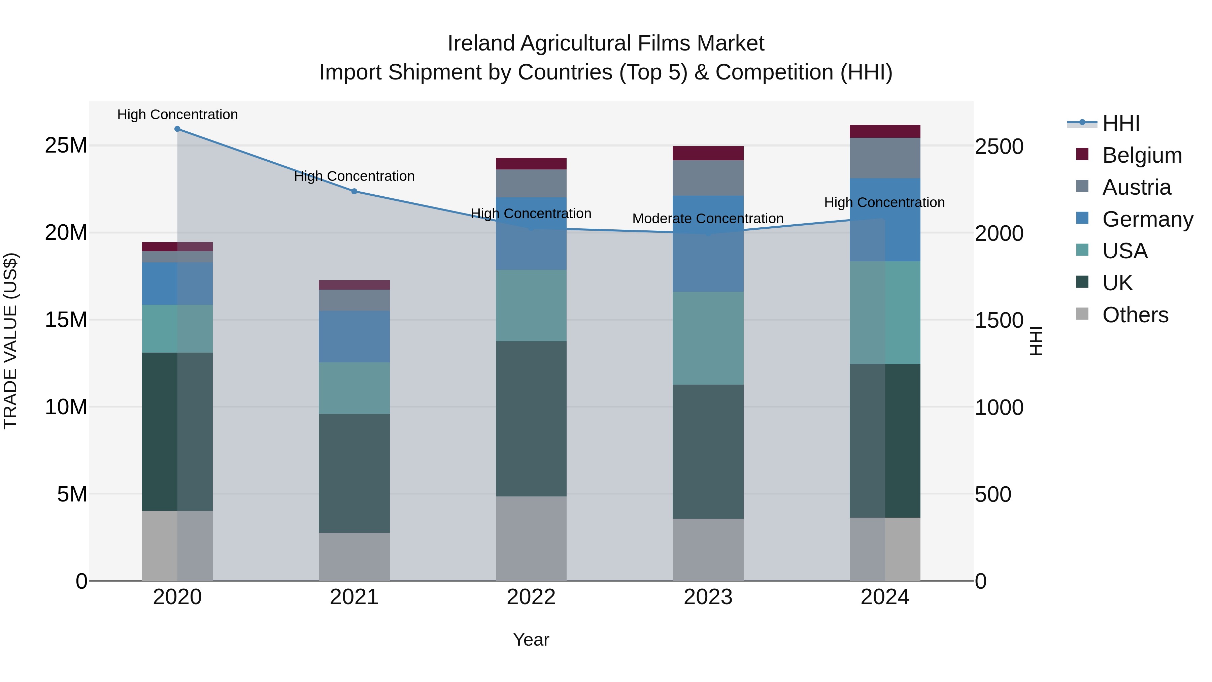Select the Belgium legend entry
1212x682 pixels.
click(x=1141, y=155)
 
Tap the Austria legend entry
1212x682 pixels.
click(x=1136, y=187)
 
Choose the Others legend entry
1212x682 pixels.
click(x=1135, y=315)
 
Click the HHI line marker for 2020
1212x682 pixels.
click(x=177, y=129)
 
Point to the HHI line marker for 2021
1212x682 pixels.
click(x=354, y=191)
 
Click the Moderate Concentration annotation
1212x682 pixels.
click(x=708, y=219)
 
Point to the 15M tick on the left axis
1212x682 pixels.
click(x=66, y=320)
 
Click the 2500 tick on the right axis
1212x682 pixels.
click(x=999, y=147)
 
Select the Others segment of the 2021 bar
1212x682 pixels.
click(x=354, y=557)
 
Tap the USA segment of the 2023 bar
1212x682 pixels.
click(x=708, y=338)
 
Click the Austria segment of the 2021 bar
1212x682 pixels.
click(x=354, y=300)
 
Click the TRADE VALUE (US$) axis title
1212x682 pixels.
click(x=10, y=341)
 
